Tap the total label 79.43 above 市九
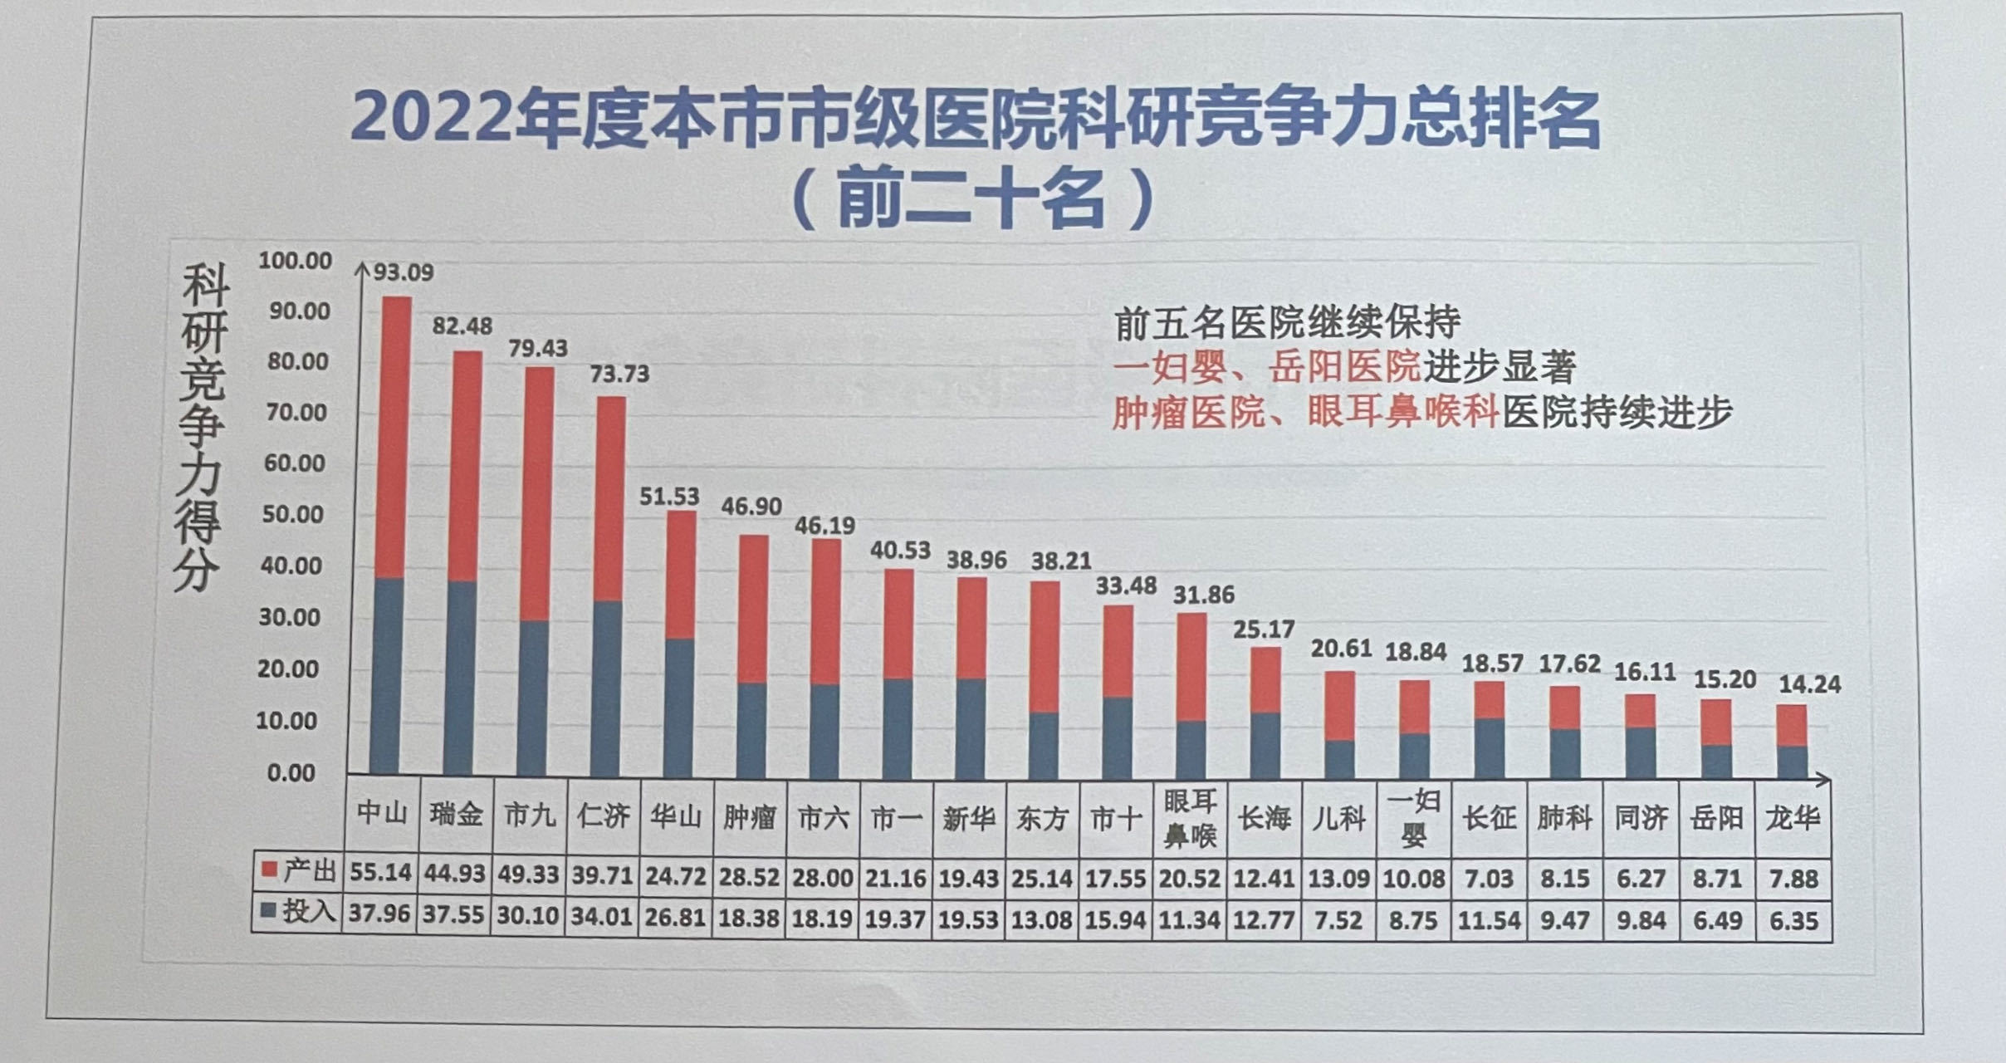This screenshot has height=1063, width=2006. pos(537,348)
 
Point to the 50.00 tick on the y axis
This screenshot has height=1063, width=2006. pos(291,514)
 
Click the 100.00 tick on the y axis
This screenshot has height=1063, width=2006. pos(295,261)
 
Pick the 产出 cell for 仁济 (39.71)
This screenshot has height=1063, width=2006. pos(602,875)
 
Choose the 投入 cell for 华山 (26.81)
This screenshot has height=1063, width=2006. pos(675,917)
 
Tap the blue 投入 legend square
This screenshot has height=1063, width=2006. pos(268,911)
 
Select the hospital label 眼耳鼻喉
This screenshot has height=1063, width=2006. pos(1190,818)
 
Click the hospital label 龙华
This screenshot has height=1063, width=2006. pos(1792,818)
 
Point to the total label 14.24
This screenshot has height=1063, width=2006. pos(1809,684)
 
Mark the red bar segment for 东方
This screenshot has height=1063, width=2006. pos(1045,645)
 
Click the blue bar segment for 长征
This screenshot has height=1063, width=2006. pos(1490,747)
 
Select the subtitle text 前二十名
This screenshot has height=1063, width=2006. pos(971,200)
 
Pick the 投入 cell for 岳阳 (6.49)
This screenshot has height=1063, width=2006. pos(1717,920)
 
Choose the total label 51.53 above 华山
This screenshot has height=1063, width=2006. pos(668,497)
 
